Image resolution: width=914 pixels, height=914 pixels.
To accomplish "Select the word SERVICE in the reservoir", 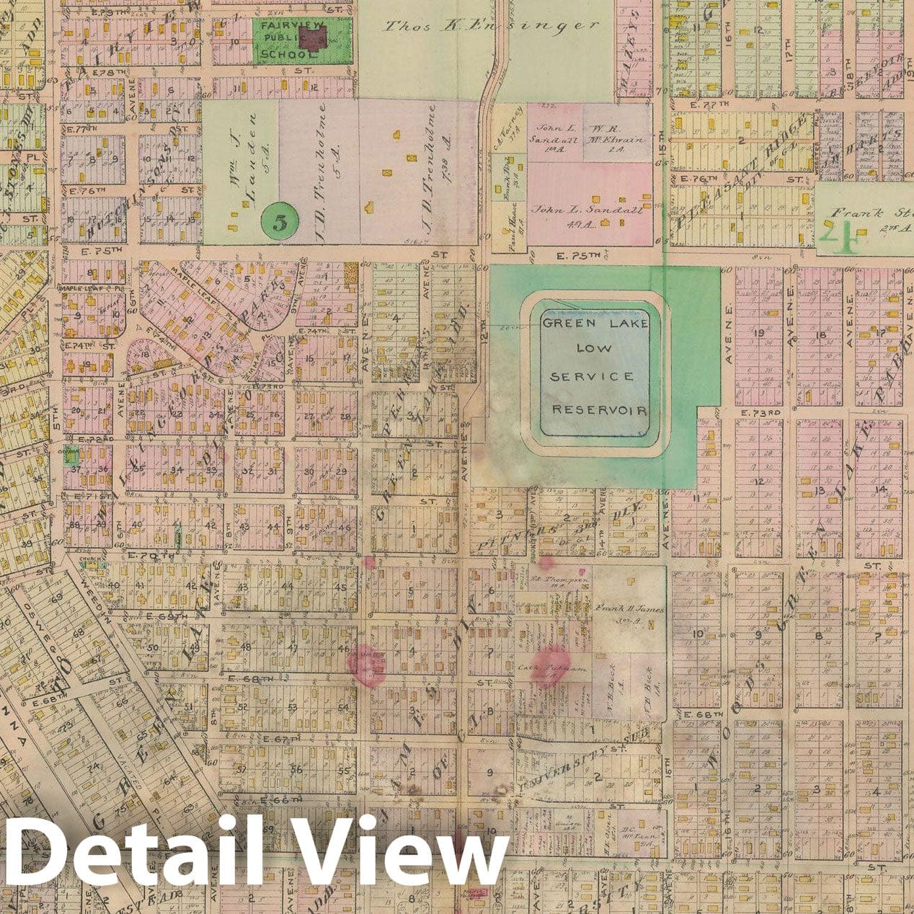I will tap(592, 376).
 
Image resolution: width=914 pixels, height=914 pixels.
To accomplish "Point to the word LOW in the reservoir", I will tap(594, 348).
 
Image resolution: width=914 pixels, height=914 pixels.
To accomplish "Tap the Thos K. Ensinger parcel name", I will tap(492, 26).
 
